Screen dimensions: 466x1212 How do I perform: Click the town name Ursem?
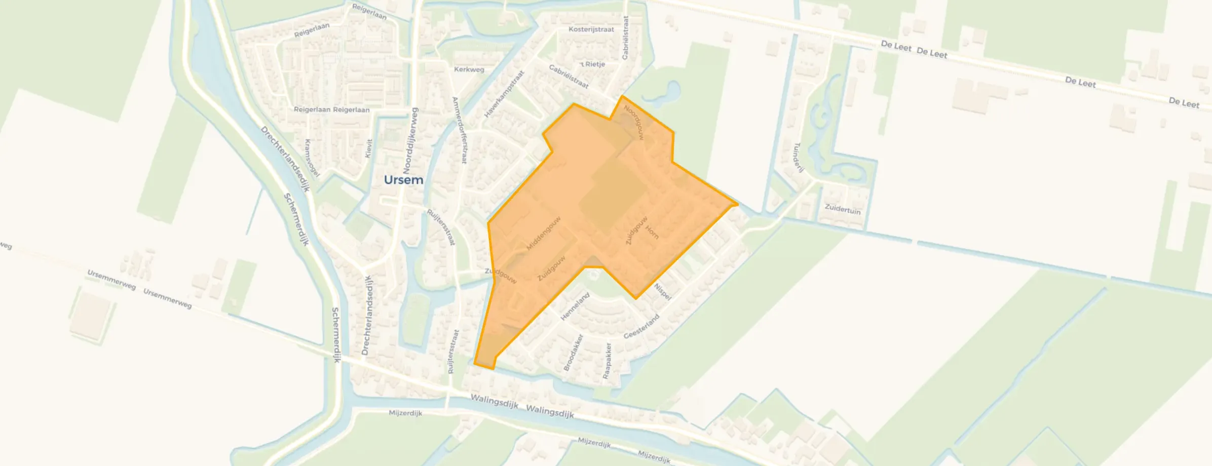tap(403, 180)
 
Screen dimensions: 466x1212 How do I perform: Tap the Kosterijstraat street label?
tap(591, 29)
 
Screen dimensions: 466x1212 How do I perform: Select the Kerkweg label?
tap(469, 69)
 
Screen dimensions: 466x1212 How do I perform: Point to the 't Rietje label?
tap(592, 64)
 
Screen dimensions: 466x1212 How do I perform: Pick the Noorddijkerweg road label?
tap(410, 140)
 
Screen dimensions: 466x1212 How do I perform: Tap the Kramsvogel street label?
tap(312, 159)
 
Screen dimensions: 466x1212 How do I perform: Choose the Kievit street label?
tap(369, 148)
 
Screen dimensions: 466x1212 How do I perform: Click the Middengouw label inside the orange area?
tap(543, 234)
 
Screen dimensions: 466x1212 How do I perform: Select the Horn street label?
tap(652, 232)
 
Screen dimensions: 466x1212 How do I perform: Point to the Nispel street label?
tap(662, 292)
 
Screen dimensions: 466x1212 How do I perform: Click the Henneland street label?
tap(575, 306)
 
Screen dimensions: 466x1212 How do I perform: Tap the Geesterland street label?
tap(641, 327)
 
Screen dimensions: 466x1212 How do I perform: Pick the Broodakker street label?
tap(574, 352)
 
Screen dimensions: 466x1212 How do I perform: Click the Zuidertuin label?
tap(842, 209)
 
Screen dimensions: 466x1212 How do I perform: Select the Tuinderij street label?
tap(798, 158)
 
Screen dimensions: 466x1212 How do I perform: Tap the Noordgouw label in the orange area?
tap(633, 122)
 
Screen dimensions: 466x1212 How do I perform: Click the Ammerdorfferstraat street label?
tap(460, 130)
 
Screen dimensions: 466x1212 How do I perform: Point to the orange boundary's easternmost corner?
tap(737, 205)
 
